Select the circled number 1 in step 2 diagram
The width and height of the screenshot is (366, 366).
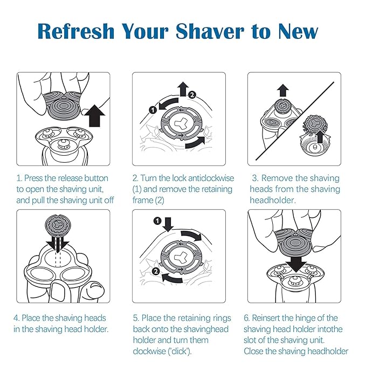tap(153, 109)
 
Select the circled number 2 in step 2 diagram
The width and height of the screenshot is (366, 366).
tap(192, 95)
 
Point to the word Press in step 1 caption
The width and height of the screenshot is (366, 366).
tap(38, 178)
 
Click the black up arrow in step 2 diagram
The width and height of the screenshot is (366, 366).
tap(183, 88)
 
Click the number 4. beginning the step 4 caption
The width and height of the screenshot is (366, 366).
tap(17, 318)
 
